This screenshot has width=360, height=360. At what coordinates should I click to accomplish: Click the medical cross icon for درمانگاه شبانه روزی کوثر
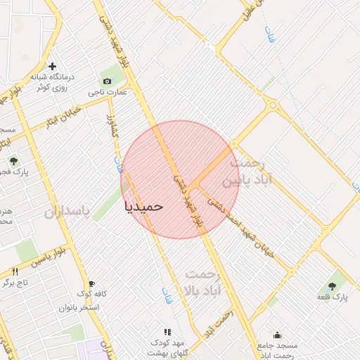(52, 66)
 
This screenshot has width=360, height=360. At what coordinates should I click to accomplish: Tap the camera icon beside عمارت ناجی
(107, 82)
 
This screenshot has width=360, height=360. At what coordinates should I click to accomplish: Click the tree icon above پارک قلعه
(332, 285)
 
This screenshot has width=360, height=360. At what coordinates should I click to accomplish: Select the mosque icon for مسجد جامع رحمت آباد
(277, 335)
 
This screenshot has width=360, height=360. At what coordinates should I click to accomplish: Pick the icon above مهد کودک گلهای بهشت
(167, 331)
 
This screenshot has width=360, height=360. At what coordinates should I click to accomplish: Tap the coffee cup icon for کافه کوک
(91, 284)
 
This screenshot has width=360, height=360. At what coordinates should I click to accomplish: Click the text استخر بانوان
(79, 307)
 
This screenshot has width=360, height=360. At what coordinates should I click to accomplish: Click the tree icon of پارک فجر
(13, 162)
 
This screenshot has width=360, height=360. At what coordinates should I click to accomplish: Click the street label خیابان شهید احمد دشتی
(264, 245)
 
